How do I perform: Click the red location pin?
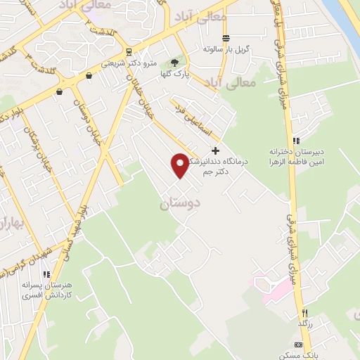[x=180, y=165]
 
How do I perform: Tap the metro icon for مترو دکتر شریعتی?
[x=128, y=51]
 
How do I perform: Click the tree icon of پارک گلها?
[x=174, y=63]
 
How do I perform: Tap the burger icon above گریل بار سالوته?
[x=226, y=38]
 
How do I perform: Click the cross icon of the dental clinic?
[x=215, y=150]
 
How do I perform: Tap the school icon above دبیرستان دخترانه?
[x=297, y=141]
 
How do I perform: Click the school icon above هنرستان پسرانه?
[x=46, y=276]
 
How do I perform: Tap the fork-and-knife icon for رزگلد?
[x=305, y=312]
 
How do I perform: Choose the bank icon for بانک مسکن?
[x=298, y=345]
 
